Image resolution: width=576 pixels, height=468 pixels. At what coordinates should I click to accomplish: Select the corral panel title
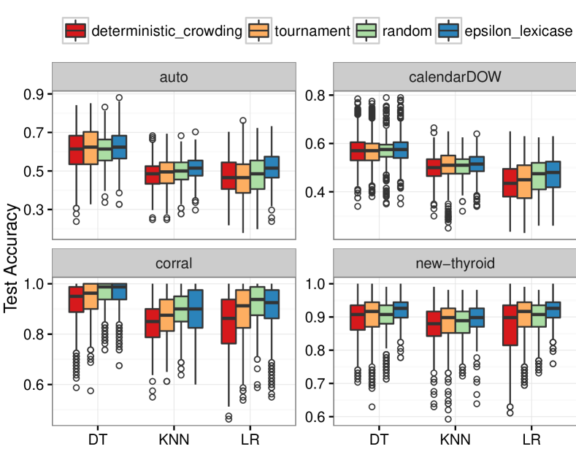point(174,261)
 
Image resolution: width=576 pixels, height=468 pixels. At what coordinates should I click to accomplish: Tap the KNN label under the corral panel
point(174,440)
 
